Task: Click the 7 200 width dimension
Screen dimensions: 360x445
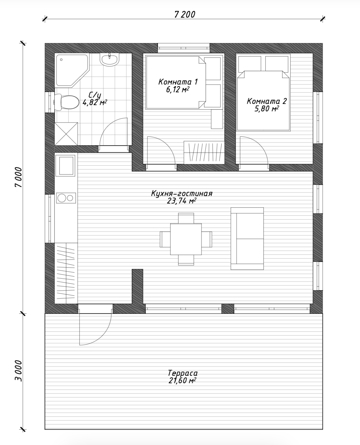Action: tap(185, 15)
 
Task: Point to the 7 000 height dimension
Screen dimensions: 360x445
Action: tap(18, 177)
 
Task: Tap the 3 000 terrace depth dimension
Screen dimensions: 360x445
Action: tap(18, 371)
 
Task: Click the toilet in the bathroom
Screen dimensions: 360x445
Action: tap(66, 102)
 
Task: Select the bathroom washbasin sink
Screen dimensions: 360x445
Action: tap(109, 59)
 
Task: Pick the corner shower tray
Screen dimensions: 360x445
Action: tap(72, 70)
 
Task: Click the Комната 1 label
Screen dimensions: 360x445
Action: tap(178, 82)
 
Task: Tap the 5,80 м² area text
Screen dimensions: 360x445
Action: tap(267, 109)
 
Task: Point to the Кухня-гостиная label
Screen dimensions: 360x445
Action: tap(182, 193)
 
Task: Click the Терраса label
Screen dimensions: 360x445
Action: tap(183, 373)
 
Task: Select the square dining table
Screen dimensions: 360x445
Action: tap(186, 239)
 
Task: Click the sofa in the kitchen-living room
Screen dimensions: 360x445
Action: tap(247, 238)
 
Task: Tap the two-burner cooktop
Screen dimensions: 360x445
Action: tap(66, 198)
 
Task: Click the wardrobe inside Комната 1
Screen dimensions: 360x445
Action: tap(204, 152)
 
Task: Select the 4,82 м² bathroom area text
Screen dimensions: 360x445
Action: tap(95, 103)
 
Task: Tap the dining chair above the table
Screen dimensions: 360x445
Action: tap(186, 218)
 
